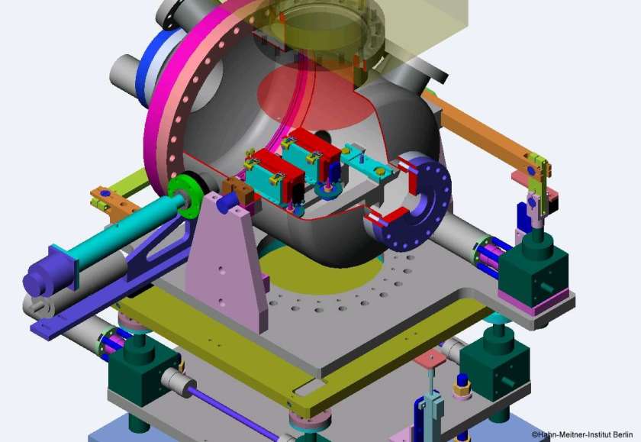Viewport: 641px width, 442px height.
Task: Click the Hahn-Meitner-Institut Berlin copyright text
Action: click(x=582, y=434)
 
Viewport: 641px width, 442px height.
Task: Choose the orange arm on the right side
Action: click(x=487, y=131)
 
